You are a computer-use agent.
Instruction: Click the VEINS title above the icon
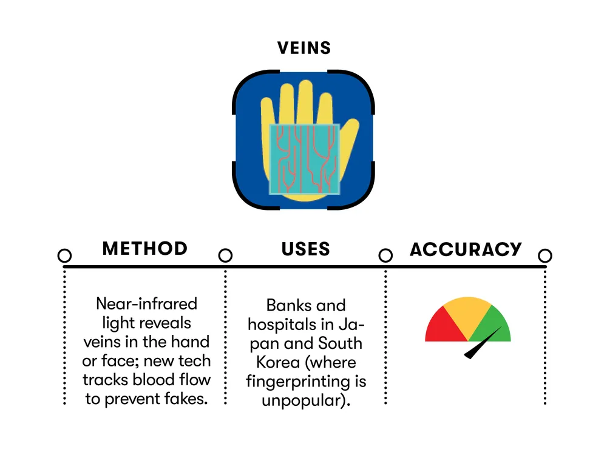tap(304, 48)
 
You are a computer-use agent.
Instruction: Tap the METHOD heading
tap(145, 248)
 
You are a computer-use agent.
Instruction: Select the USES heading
tap(305, 249)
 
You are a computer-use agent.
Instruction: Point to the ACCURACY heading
tap(466, 249)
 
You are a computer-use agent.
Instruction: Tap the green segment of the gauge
tap(493, 327)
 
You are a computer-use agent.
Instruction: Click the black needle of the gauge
tap(483, 343)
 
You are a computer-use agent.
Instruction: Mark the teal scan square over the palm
tap(305, 159)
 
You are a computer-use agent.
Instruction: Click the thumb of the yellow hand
tap(349, 143)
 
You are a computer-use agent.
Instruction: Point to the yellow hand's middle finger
tap(305, 102)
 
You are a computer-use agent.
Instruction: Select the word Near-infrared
tap(146, 304)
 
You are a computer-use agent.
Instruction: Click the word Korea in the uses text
tap(278, 362)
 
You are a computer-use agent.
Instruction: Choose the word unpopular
tap(303, 400)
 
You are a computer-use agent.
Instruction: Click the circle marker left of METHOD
tap(65, 255)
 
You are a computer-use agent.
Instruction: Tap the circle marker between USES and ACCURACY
tap(385, 255)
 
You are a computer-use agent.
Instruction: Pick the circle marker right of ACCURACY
tap(545, 255)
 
